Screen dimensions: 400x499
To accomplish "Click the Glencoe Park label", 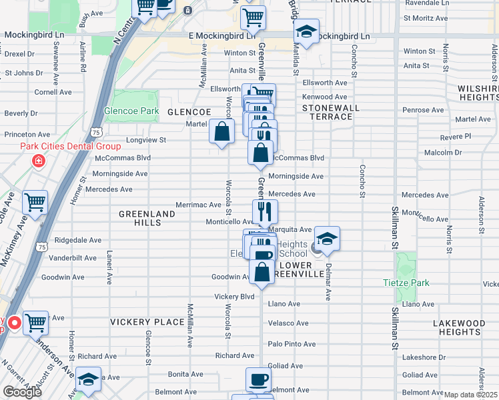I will (131, 111).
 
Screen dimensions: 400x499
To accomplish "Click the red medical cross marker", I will (39, 161).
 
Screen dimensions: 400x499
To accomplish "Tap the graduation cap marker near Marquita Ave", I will (327, 239).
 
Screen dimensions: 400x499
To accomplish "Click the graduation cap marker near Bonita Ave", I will (88, 379).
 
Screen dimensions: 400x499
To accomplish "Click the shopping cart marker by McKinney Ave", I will (35, 203).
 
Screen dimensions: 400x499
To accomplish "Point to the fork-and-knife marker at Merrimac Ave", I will (265, 211).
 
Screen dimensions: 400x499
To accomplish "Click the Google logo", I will (22, 392).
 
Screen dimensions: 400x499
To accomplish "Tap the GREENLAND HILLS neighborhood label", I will (147, 218).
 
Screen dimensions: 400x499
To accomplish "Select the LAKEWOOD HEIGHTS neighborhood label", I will (458, 327).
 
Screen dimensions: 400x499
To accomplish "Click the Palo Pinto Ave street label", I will (292, 344).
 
